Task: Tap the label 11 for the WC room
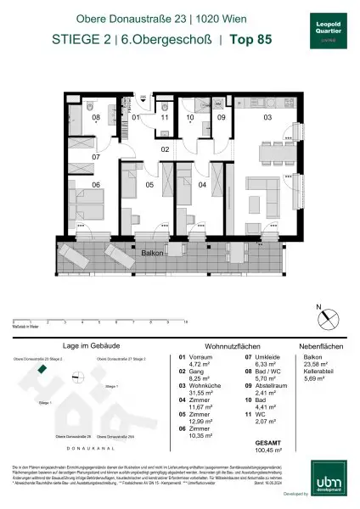coord(165,118)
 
